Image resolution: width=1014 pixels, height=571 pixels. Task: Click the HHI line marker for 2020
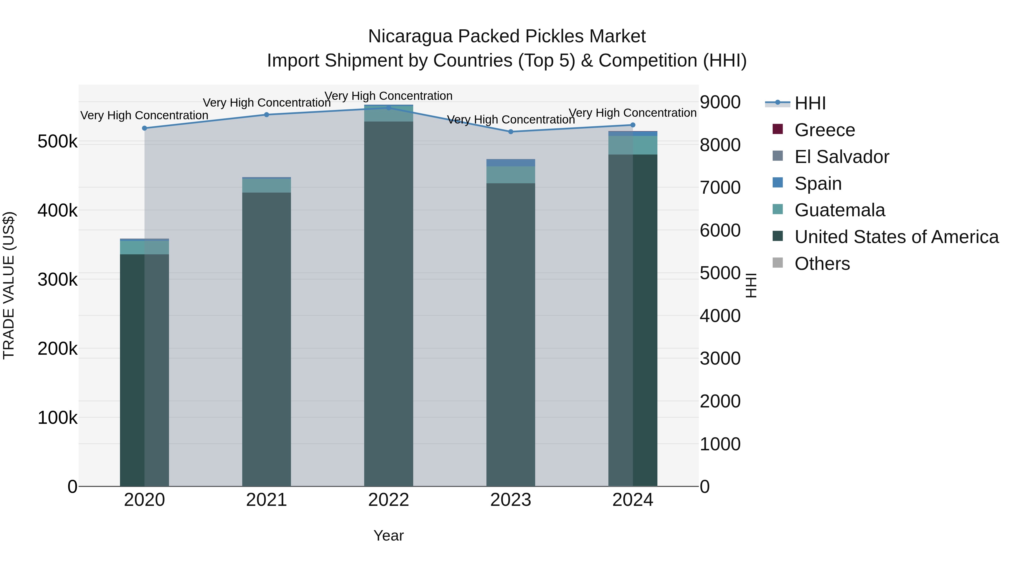144,128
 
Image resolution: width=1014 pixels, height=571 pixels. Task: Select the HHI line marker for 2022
388,108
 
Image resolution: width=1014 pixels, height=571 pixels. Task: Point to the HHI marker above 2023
511,132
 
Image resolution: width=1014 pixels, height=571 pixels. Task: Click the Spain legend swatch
778,183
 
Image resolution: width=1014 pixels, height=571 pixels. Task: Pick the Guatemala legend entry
839,210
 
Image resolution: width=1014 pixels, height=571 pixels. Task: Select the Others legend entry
822,264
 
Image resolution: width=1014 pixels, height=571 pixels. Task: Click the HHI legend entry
810,103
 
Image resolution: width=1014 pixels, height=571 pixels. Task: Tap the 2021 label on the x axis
266,500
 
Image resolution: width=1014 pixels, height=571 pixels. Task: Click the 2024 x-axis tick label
633,500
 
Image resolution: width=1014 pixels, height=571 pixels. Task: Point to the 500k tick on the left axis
57,142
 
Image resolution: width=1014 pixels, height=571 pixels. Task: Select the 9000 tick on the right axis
720,102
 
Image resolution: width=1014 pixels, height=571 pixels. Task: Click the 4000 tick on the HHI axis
720,316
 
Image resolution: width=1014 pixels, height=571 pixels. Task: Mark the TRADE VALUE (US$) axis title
9,285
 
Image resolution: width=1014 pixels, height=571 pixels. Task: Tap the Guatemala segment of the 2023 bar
511,175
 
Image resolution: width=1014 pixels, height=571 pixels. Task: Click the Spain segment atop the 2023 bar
511,163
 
